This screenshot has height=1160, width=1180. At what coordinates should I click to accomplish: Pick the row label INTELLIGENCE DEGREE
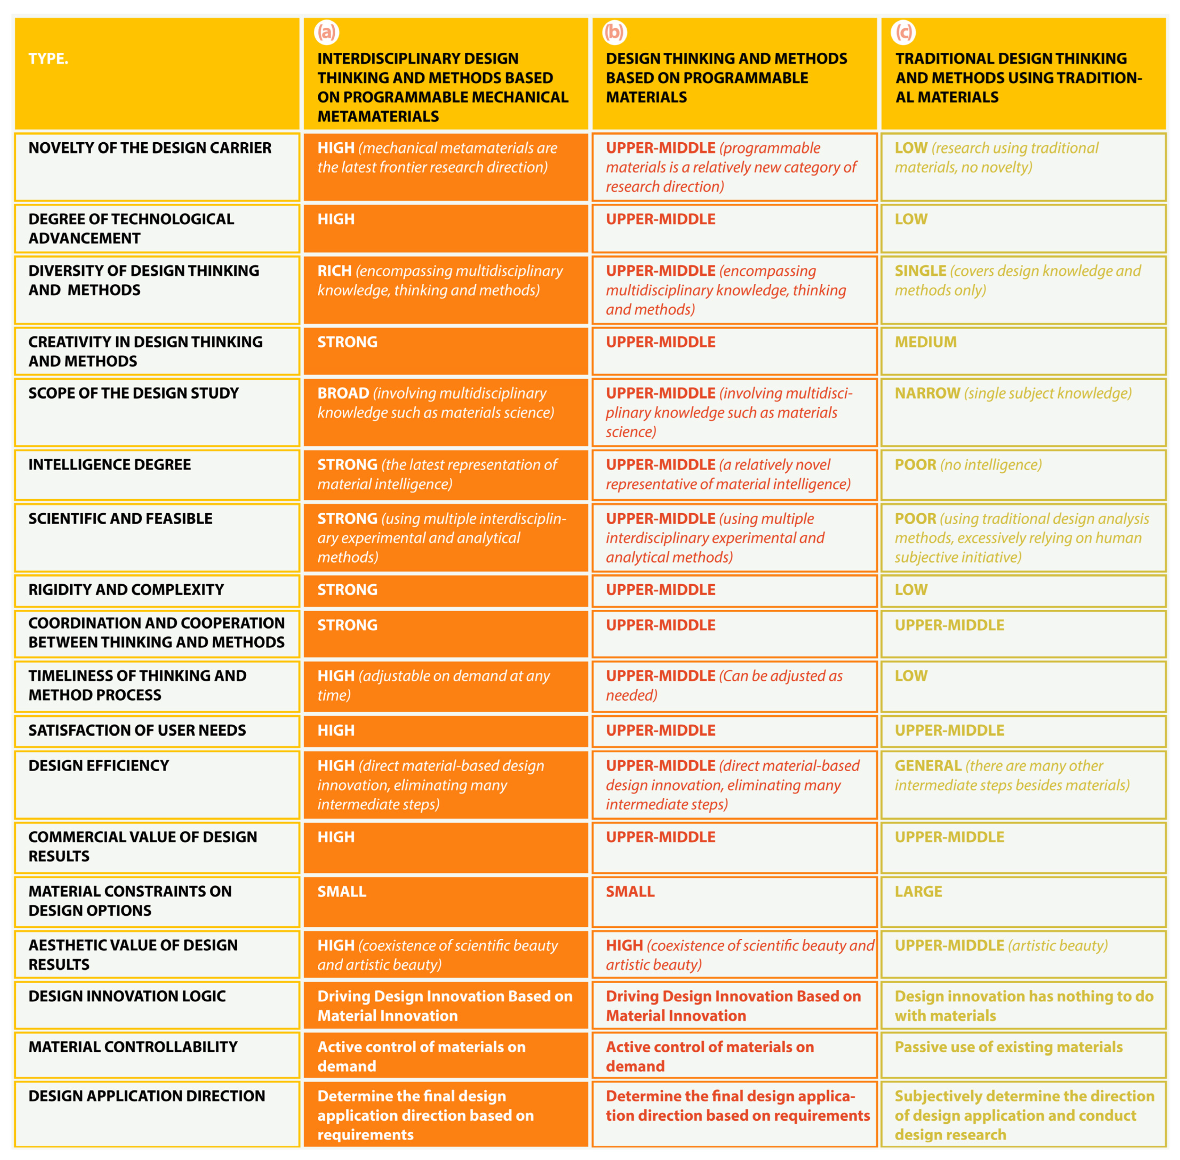(110, 465)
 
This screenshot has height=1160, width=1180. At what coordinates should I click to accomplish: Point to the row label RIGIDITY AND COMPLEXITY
(126, 590)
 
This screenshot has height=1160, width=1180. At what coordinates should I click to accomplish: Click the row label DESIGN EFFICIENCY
(99, 766)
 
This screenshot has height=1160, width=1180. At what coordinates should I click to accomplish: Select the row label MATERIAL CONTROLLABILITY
(133, 1047)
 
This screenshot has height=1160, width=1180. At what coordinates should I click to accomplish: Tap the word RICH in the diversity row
(334, 271)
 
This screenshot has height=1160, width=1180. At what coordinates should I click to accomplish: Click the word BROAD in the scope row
(343, 394)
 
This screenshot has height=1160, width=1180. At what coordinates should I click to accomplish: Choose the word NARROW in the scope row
(927, 394)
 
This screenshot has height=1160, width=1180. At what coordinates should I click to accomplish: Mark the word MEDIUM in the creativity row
(925, 342)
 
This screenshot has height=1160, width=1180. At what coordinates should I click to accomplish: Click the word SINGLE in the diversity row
(920, 271)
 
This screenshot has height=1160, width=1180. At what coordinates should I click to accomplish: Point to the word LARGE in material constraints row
(918, 892)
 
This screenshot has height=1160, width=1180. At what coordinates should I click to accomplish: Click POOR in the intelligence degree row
(915, 465)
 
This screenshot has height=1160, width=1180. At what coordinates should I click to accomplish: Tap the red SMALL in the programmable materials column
(630, 892)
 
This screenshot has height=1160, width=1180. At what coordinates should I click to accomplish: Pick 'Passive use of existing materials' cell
(1008, 1047)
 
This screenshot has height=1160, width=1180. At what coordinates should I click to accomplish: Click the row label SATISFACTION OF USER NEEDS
(137, 731)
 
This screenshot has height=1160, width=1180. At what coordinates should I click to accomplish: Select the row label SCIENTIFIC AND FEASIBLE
(120, 518)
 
